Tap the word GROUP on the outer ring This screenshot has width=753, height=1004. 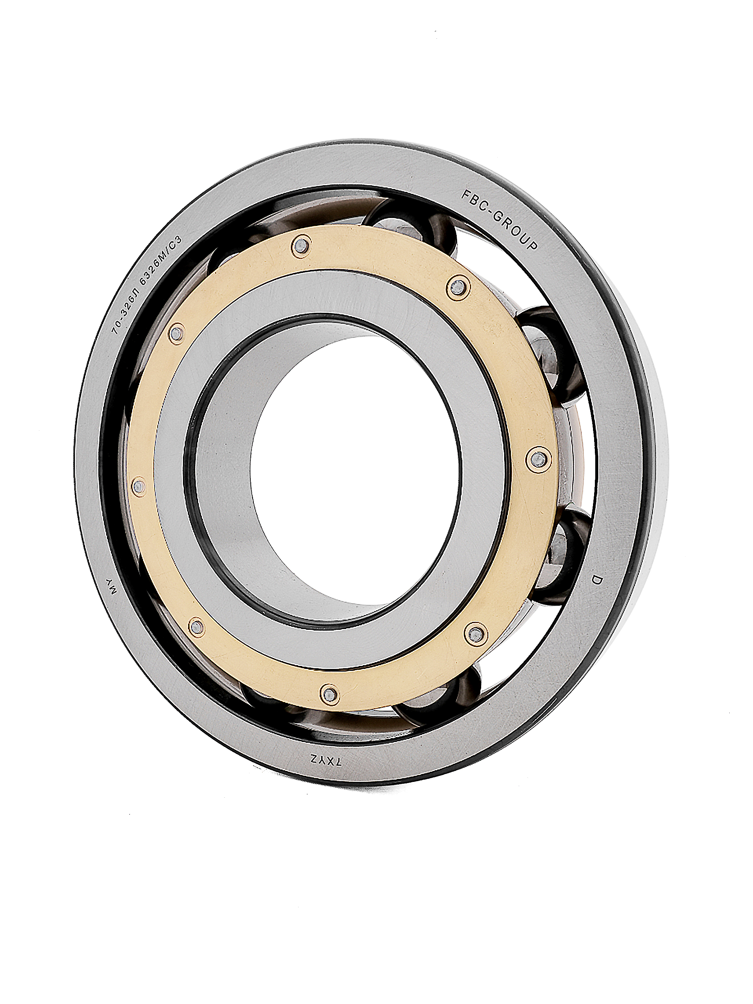[x=516, y=230]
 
